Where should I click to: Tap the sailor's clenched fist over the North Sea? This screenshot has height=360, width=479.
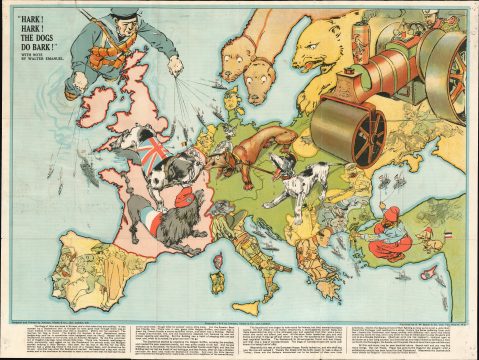[176, 66]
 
